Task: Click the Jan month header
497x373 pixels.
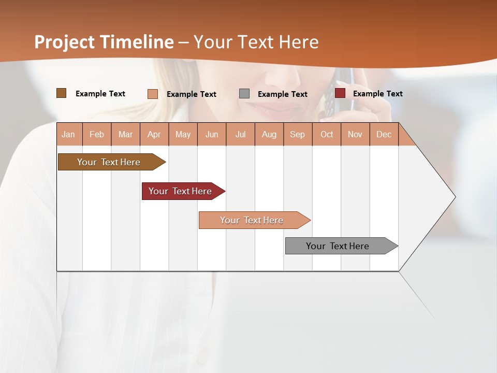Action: click(69, 134)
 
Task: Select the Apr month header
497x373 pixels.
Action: click(154, 134)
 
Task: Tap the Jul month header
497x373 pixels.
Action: click(241, 134)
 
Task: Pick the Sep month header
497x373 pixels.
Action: click(298, 134)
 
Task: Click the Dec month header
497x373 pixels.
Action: click(384, 134)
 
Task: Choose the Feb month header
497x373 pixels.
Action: click(97, 134)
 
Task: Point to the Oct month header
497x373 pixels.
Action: click(327, 134)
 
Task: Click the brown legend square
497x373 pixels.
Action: click(61, 93)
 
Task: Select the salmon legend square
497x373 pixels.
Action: click(153, 94)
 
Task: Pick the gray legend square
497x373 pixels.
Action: click(244, 93)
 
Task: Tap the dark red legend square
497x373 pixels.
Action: click(340, 93)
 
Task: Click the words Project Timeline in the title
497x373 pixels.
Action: click(104, 42)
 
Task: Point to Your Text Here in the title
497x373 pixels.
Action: click(256, 42)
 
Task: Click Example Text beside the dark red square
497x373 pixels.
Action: click(377, 93)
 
